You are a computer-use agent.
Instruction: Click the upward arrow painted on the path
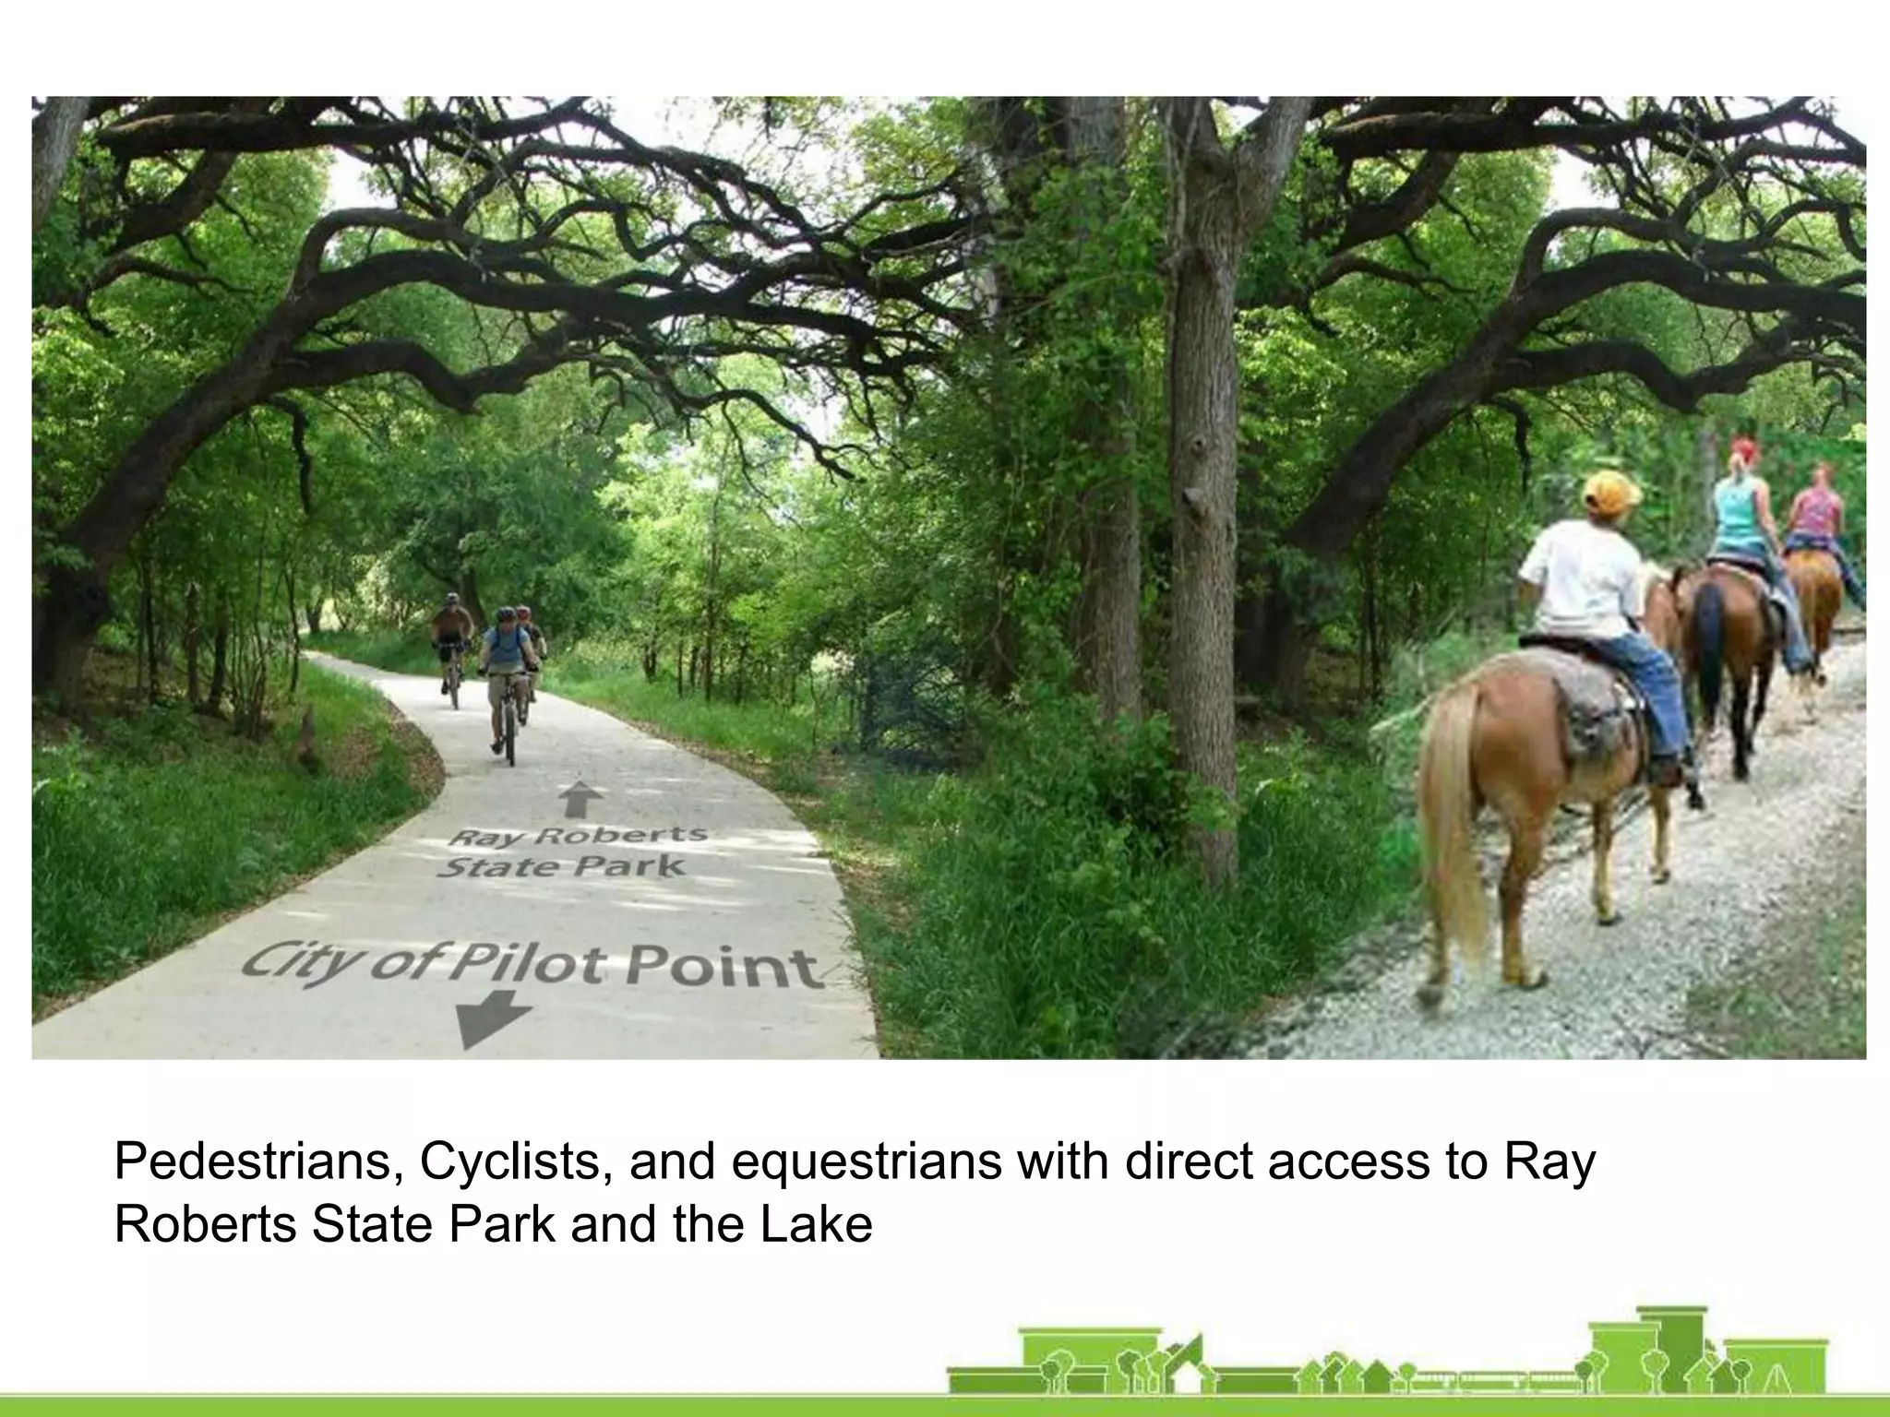click(578, 799)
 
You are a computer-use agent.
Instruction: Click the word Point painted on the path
click(724, 968)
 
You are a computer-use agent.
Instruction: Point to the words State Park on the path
click(562, 867)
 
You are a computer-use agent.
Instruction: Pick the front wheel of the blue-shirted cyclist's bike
click(508, 734)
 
